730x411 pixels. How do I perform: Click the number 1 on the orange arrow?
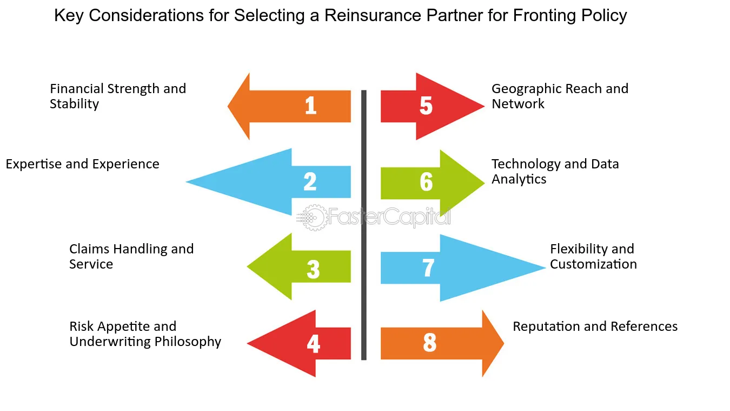click(x=311, y=106)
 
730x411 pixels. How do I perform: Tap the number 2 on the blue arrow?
click(x=310, y=181)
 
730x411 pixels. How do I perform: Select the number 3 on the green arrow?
click(x=313, y=269)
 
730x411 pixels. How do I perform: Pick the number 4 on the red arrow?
click(x=313, y=344)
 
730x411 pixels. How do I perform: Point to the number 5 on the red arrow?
click(x=426, y=106)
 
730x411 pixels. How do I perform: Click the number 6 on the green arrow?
click(x=426, y=182)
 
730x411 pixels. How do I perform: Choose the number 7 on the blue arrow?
click(x=428, y=268)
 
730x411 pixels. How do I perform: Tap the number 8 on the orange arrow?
click(x=429, y=342)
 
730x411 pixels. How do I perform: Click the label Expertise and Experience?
click(x=82, y=164)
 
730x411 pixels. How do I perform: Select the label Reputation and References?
click(x=595, y=327)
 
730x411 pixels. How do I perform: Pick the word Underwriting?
click(x=110, y=342)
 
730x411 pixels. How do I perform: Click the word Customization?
click(x=593, y=264)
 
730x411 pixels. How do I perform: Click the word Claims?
click(x=89, y=249)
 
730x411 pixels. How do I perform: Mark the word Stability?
click(x=74, y=104)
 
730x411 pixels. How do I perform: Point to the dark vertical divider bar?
click(x=364, y=225)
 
